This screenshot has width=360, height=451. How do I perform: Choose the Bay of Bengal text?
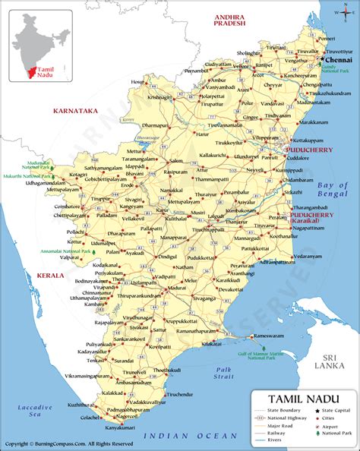(333, 190)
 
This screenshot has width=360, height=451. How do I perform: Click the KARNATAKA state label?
(77, 111)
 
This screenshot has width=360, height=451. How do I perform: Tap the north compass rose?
(339, 14)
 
